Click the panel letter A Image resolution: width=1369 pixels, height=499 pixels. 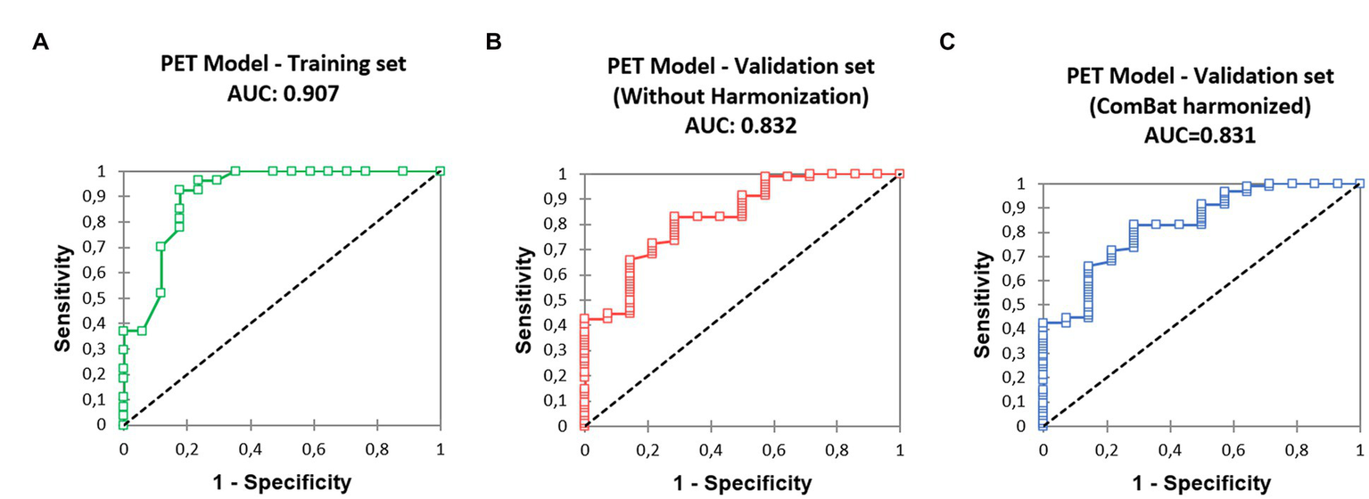tap(40, 42)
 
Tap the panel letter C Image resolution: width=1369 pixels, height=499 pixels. tap(949, 42)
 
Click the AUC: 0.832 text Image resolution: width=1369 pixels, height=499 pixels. tap(740, 125)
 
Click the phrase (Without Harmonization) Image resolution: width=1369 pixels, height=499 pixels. tap(740, 96)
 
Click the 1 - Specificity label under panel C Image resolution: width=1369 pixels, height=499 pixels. tap(1200, 483)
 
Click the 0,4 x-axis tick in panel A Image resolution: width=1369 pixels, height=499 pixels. tap(250, 449)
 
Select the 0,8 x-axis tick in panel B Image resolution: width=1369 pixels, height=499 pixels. tap(837, 450)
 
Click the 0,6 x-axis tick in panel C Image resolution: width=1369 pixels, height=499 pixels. tap(1233, 450)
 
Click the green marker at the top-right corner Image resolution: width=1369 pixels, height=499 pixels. tap(441, 171)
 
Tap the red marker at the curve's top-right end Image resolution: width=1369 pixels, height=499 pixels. tap(900, 174)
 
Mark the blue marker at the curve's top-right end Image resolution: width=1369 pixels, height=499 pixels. tap(1359, 184)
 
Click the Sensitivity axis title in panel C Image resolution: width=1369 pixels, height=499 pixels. tap(982, 304)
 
